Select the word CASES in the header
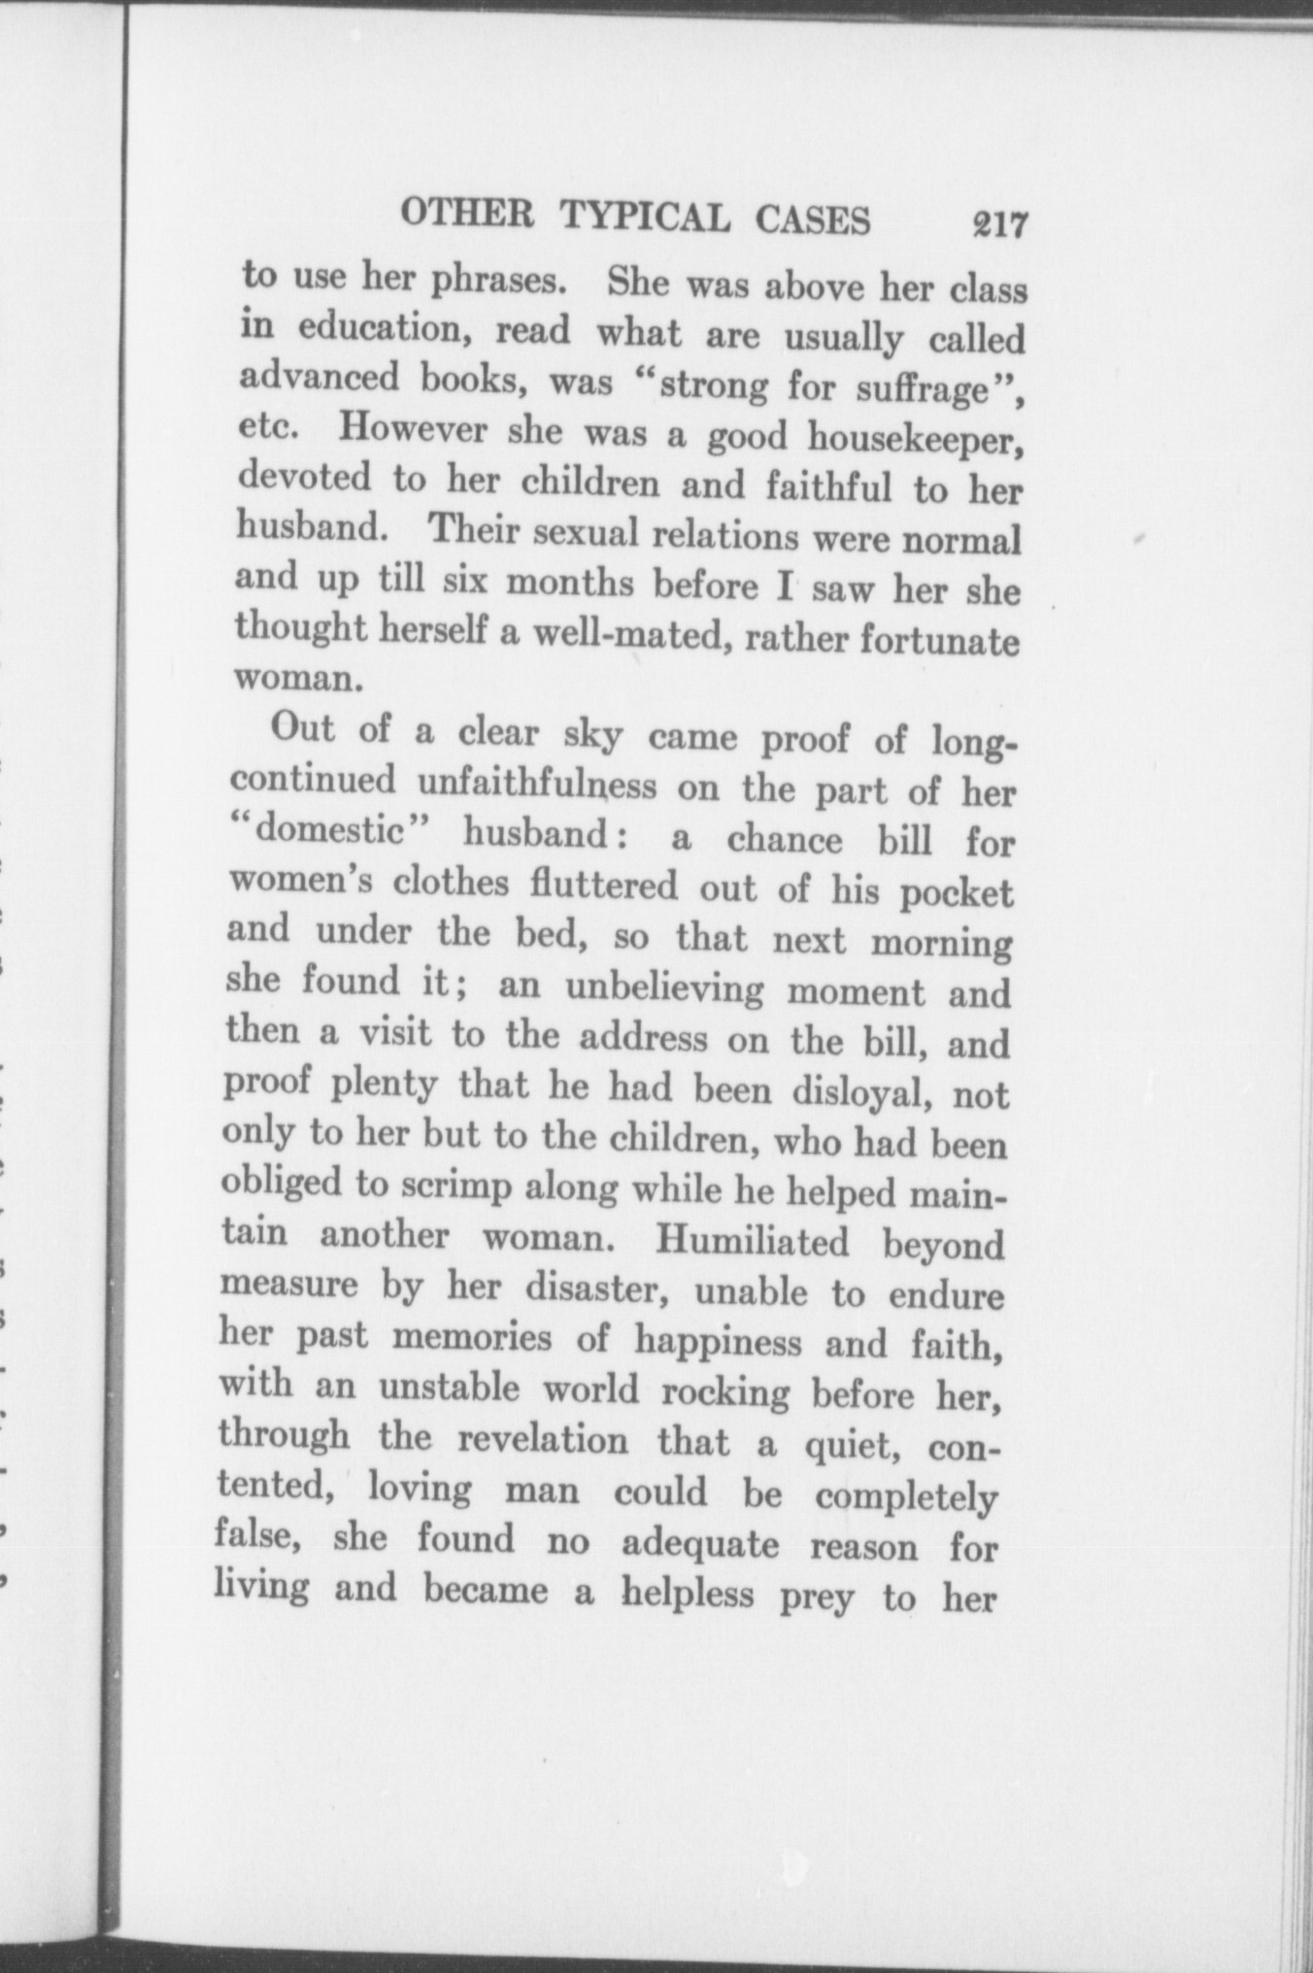[813, 221]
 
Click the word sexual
[589, 534]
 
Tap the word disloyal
[861, 1092]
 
